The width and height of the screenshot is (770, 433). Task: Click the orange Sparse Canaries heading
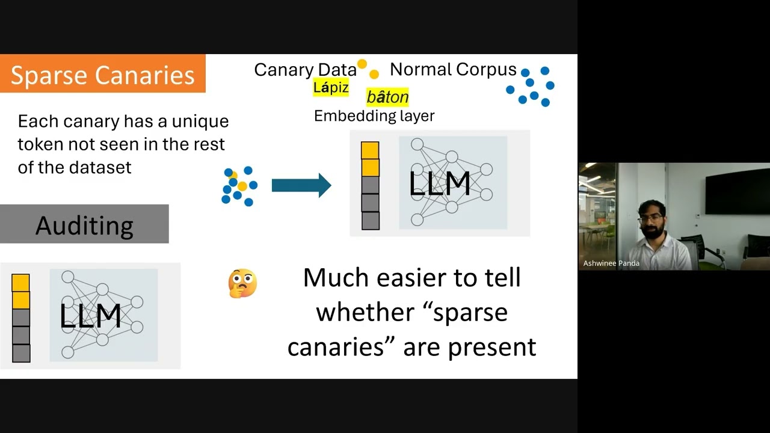pyautogui.click(x=102, y=74)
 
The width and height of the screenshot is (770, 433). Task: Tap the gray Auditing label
pyautogui.click(x=84, y=224)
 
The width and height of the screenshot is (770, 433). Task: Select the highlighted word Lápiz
pyautogui.click(x=331, y=88)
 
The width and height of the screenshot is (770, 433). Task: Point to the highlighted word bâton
pyautogui.click(x=387, y=97)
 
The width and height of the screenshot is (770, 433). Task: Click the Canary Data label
pyautogui.click(x=305, y=70)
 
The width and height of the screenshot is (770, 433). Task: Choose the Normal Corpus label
pyautogui.click(x=453, y=70)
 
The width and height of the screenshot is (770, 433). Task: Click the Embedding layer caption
pyautogui.click(x=374, y=115)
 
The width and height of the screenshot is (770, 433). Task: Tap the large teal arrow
pyautogui.click(x=301, y=185)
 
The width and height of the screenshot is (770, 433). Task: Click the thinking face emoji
pyautogui.click(x=243, y=283)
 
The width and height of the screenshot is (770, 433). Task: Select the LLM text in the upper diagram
pyautogui.click(x=439, y=184)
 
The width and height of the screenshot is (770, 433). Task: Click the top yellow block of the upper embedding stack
pyautogui.click(x=370, y=150)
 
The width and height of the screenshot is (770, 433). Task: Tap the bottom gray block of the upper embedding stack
pyautogui.click(x=370, y=221)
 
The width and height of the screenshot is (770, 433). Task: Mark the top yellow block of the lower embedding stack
pyautogui.click(x=20, y=283)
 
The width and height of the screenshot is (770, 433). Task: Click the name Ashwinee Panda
pyautogui.click(x=611, y=263)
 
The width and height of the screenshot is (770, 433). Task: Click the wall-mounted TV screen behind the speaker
pyautogui.click(x=737, y=191)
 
